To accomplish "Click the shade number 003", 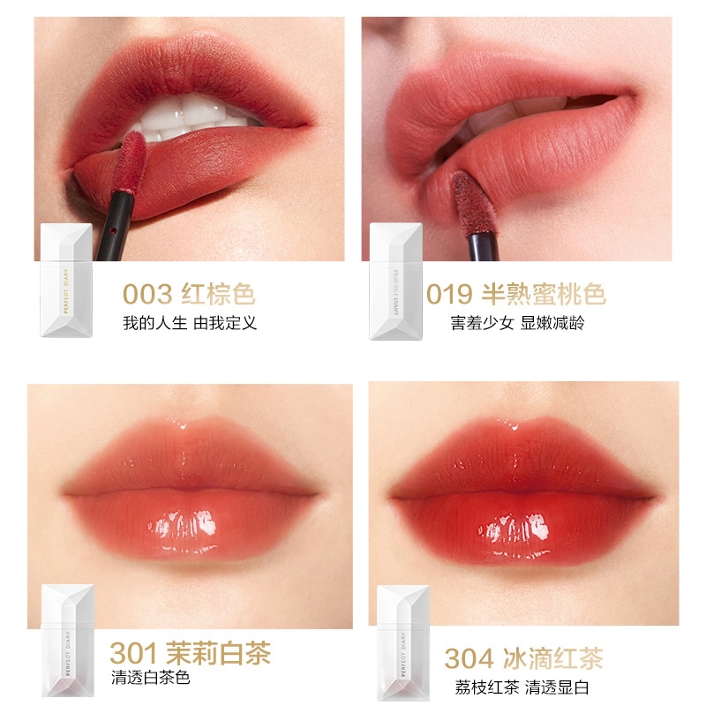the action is (x=147, y=295).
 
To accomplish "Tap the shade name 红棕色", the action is (x=218, y=295).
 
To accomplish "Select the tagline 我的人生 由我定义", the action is (x=190, y=323).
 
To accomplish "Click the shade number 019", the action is (x=449, y=295).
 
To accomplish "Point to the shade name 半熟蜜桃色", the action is (x=544, y=295).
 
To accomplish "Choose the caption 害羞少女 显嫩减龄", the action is (x=517, y=323).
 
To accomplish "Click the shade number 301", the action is (x=133, y=653).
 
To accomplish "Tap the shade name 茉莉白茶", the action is (x=219, y=653).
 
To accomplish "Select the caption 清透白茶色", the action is (x=150, y=678).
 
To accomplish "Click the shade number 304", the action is (x=469, y=658).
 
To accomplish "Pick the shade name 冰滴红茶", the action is (x=553, y=658).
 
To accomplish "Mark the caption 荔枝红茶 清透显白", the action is (x=522, y=687).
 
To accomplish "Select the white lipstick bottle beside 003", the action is (x=67, y=280).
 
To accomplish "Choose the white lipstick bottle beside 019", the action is (x=395, y=281).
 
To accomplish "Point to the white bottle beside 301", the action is (x=68, y=641).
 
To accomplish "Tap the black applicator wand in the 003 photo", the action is (x=115, y=227).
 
